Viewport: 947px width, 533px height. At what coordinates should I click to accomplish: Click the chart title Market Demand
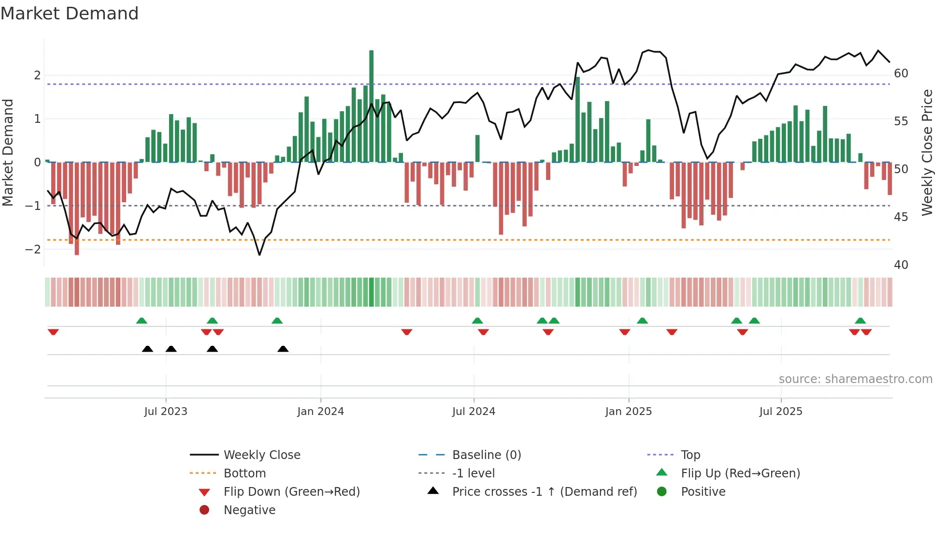point(70,14)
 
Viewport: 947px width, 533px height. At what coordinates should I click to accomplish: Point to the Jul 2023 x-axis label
point(166,412)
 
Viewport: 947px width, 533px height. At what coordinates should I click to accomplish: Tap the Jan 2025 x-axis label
point(628,412)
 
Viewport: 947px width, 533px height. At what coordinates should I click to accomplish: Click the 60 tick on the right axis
point(901,74)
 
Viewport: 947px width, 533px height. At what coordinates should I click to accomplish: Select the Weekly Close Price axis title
point(927,152)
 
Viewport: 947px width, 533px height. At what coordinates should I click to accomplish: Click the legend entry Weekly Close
point(261,455)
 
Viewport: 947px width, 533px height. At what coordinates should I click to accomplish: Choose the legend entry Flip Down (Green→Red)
point(291,492)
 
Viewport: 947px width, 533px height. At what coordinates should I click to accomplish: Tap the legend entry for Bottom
point(244,474)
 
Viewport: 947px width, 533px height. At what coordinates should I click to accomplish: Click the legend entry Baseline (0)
point(486,455)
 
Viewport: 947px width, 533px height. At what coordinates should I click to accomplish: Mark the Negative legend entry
point(249,510)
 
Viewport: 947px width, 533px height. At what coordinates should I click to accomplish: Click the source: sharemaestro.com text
point(855,379)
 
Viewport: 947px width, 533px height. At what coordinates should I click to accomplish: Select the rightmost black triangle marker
point(283,349)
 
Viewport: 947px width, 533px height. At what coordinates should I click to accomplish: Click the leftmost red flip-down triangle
point(53,332)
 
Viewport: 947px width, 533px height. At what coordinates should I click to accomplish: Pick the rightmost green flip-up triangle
point(860,321)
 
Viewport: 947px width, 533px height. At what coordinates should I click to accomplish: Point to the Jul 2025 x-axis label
point(780,412)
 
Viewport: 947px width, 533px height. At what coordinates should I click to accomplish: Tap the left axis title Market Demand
point(8,152)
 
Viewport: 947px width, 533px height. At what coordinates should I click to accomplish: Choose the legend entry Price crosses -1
point(544,492)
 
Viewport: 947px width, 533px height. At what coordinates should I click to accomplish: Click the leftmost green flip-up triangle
point(142,321)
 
